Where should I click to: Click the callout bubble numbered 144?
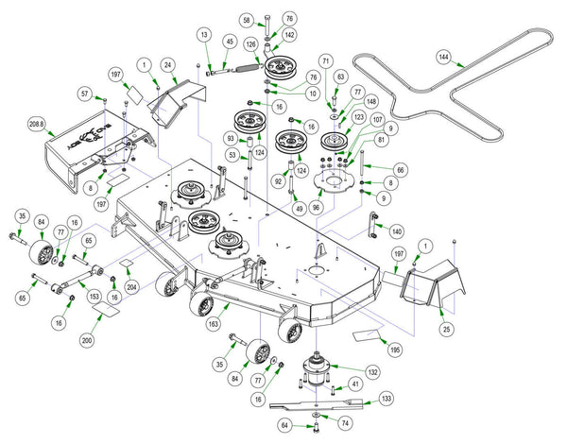point(444,58)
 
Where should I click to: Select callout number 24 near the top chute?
point(167,66)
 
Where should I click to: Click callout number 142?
point(288,35)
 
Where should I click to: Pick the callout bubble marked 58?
point(247,19)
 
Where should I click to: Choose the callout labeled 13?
point(203,34)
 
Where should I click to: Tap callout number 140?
point(396,231)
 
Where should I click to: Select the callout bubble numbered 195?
point(395,350)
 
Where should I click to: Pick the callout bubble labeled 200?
point(87,340)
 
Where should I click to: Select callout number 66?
point(401,169)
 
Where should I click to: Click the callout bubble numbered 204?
point(132,284)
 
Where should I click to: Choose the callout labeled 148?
point(371,99)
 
